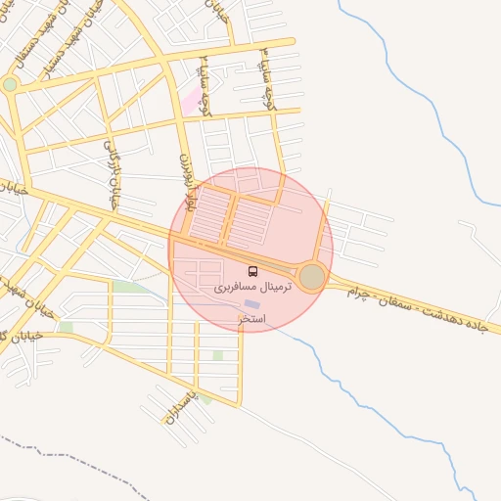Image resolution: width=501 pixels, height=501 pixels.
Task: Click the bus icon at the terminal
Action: click(252, 272)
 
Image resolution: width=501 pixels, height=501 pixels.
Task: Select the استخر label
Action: click(250, 320)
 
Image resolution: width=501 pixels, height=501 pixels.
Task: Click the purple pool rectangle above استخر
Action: click(251, 305)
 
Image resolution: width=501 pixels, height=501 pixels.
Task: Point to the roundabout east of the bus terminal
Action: click(312, 278)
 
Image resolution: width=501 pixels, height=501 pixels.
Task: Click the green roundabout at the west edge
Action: click(10, 85)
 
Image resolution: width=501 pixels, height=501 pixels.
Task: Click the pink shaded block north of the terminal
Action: click(189, 102)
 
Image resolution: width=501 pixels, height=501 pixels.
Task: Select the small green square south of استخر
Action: click(217, 356)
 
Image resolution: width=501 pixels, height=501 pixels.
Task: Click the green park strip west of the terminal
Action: click(127, 287)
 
